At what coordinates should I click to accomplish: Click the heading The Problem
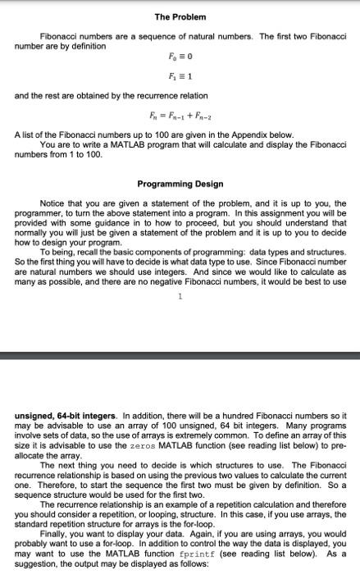pyautogui.click(x=179, y=17)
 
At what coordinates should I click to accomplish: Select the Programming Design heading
pyautogui.click(x=179, y=184)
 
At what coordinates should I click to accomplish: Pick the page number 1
pyautogui.click(x=180, y=319)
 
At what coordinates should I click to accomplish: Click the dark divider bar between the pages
pyautogui.click(x=180, y=356)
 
